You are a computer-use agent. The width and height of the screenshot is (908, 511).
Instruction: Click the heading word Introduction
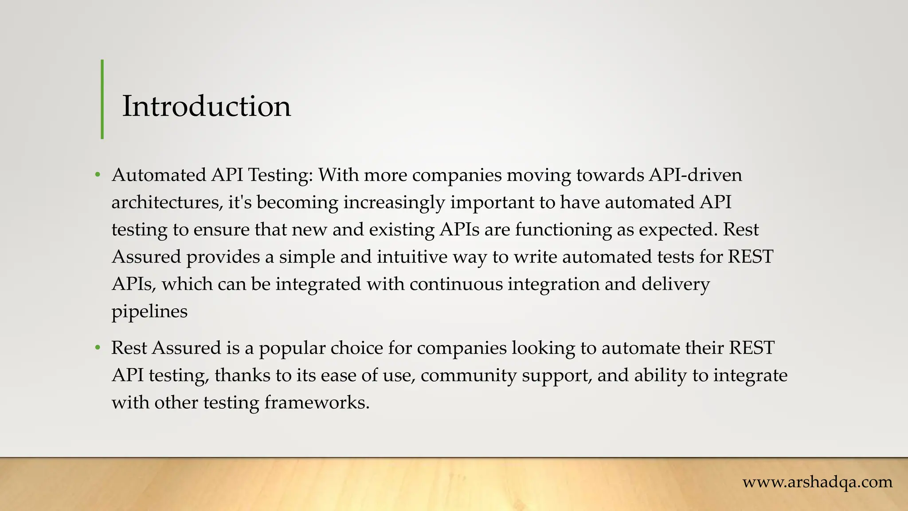206,106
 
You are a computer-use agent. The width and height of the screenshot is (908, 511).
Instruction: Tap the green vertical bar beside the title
102,99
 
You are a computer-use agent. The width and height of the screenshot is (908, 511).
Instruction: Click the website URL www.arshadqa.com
818,482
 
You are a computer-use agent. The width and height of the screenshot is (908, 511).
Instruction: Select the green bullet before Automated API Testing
98,175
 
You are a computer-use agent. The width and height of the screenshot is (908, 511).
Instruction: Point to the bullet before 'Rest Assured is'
98,348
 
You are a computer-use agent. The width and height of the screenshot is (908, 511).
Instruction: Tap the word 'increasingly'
394,203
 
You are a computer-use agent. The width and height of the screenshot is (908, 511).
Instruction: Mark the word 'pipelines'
149,312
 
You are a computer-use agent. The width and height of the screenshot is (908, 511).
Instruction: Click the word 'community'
469,376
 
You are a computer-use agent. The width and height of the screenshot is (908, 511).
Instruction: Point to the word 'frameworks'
317,403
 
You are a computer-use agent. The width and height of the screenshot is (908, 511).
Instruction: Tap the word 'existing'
402,230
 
